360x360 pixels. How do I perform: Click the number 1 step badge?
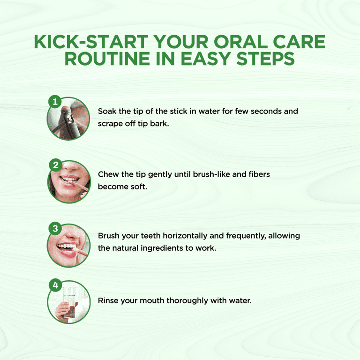coord(55,102)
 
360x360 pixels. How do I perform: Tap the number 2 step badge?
coord(56,165)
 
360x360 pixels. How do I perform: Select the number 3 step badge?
coord(55,228)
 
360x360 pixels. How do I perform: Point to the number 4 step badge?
coord(56,285)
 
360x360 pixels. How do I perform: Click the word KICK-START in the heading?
coord(91,42)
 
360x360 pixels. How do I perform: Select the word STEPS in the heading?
coord(265,59)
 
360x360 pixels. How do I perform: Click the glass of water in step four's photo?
coord(69,301)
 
